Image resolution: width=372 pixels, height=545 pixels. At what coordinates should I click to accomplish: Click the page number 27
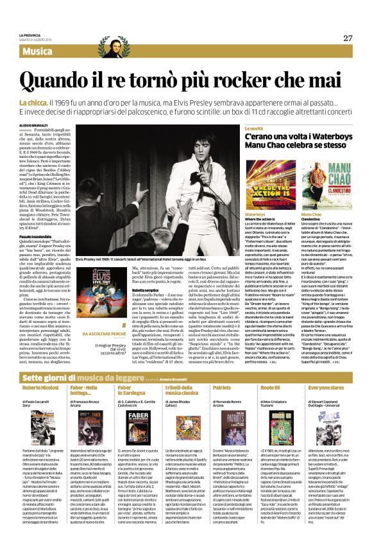click(x=347, y=38)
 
